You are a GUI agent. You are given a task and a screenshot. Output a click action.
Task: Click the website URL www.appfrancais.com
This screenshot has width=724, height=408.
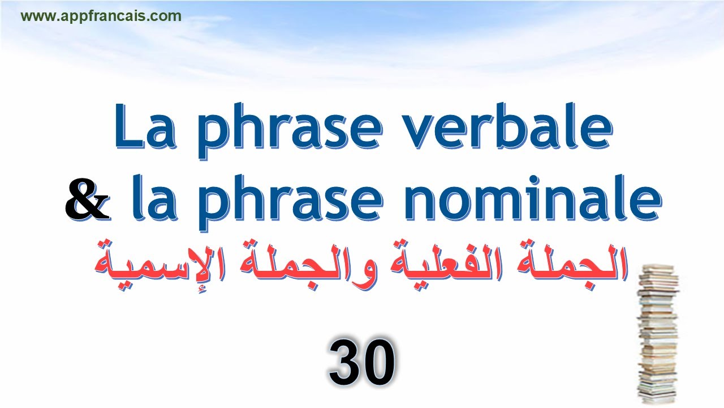pos(101,16)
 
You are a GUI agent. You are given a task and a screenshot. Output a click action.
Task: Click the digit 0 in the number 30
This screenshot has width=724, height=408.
pos(378,363)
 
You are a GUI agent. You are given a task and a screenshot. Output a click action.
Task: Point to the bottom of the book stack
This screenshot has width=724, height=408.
pos(656,397)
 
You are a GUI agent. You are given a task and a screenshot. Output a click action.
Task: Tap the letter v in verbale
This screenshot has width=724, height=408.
pos(421,133)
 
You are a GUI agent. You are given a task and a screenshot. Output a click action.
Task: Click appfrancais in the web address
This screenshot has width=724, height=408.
pos(104,16)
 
